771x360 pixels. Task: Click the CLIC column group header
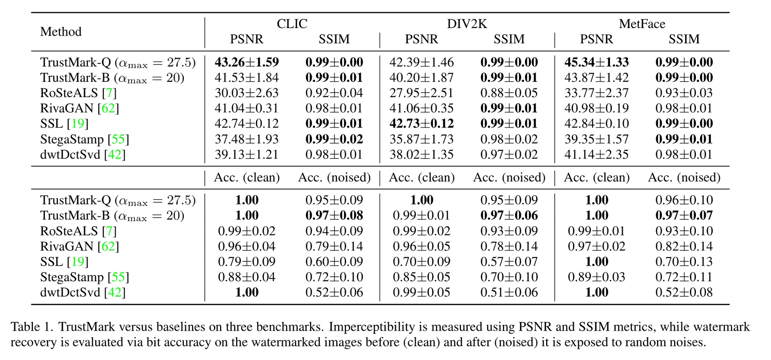(292, 24)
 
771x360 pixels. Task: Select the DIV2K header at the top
(467, 24)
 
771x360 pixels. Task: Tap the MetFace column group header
(642, 24)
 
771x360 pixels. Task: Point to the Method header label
(61, 31)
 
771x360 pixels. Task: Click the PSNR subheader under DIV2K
(422, 39)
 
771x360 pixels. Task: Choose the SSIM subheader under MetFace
(684, 39)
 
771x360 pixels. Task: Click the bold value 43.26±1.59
(247, 62)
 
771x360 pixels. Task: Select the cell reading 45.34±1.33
(597, 62)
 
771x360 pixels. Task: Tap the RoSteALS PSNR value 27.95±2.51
(422, 93)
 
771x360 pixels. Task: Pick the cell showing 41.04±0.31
(247, 108)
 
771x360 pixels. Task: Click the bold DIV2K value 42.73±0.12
(422, 124)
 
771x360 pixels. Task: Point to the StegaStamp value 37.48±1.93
(247, 139)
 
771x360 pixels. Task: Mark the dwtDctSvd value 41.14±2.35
(597, 155)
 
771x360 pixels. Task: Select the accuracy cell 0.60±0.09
(334, 262)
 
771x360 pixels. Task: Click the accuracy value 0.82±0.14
(684, 246)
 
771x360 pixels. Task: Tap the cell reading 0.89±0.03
(597, 277)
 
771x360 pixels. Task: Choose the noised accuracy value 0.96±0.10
(684, 200)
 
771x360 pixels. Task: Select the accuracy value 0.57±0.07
(509, 262)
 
